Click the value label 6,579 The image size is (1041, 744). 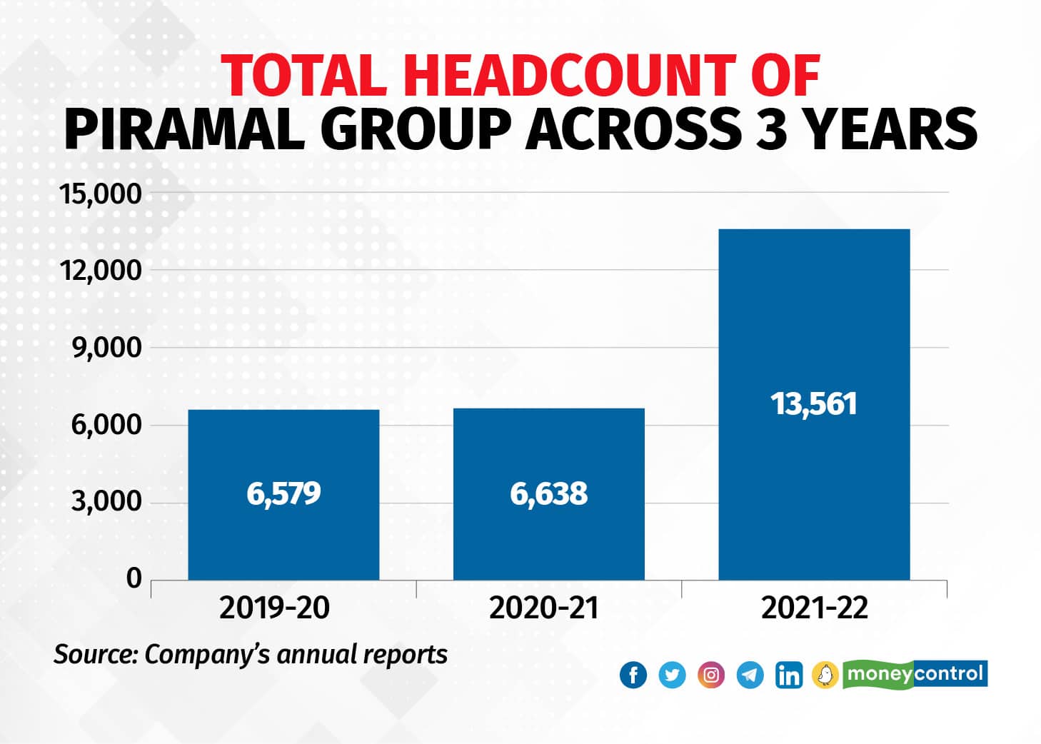pyautogui.click(x=283, y=493)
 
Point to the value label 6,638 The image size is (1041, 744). pyautogui.click(x=548, y=493)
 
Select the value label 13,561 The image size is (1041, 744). pyautogui.click(x=813, y=404)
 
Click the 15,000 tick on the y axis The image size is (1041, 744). pyautogui.click(x=101, y=193)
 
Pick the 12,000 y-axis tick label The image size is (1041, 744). pyautogui.click(x=101, y=271)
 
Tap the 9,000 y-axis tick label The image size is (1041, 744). pyautogui.click(x=106, y=348)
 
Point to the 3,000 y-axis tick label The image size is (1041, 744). pyautogui.click(x=106, y=502)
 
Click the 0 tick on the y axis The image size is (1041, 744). pyautogui.click(x=134, y=578)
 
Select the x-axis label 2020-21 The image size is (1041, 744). pyautogui.click(x=543, y=608)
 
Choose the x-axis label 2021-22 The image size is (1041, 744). pyautogui.click(x=814, y=608)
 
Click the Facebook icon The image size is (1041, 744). pyautogui.click(x=633, y=675)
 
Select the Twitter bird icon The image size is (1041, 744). pyautogui.click(x=672, y=675)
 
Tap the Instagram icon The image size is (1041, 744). pyautogui.click(x=711, y=675)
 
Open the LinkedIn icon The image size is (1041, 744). pyautogui.click(x=788, y=675)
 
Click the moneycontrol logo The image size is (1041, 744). pyautogui.click(x=915, y=674)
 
